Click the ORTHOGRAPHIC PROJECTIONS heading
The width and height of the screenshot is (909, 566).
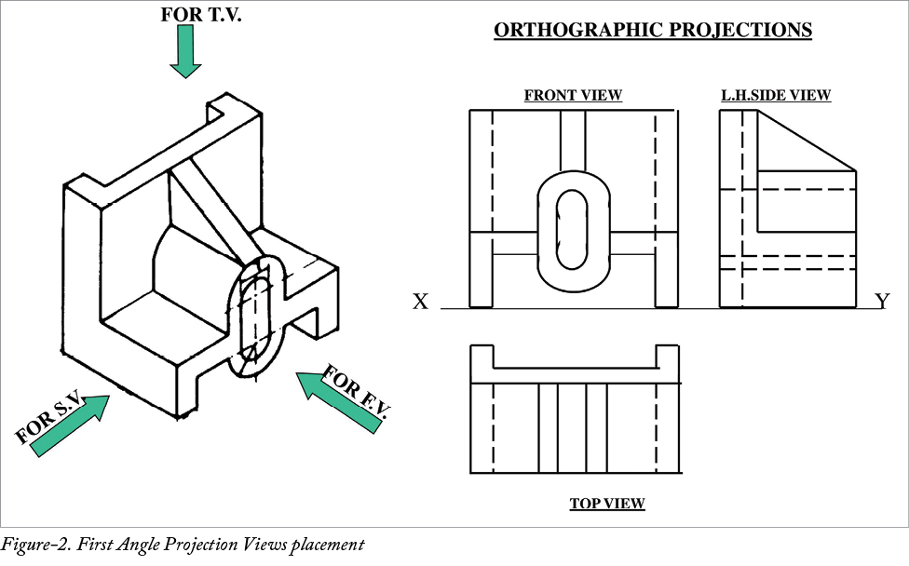[x=652, y=31]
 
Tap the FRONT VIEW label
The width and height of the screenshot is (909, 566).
[x=573, y=95]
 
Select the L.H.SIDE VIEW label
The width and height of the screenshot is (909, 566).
[x=776, y=95]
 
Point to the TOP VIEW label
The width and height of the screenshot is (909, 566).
[x=607, y=504]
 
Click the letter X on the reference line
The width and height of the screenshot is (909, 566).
[x=421, y=302]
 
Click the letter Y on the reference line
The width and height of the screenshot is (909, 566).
[x=883, y=301]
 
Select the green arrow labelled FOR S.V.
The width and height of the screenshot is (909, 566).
[x=69, y=425]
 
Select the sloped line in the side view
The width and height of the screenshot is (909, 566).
[x=807, y=141]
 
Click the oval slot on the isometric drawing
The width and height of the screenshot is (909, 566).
[x=254, y=314]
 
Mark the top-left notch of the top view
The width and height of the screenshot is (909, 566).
[x=482, y=357]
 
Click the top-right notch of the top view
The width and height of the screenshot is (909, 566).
[x=668, y=357]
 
